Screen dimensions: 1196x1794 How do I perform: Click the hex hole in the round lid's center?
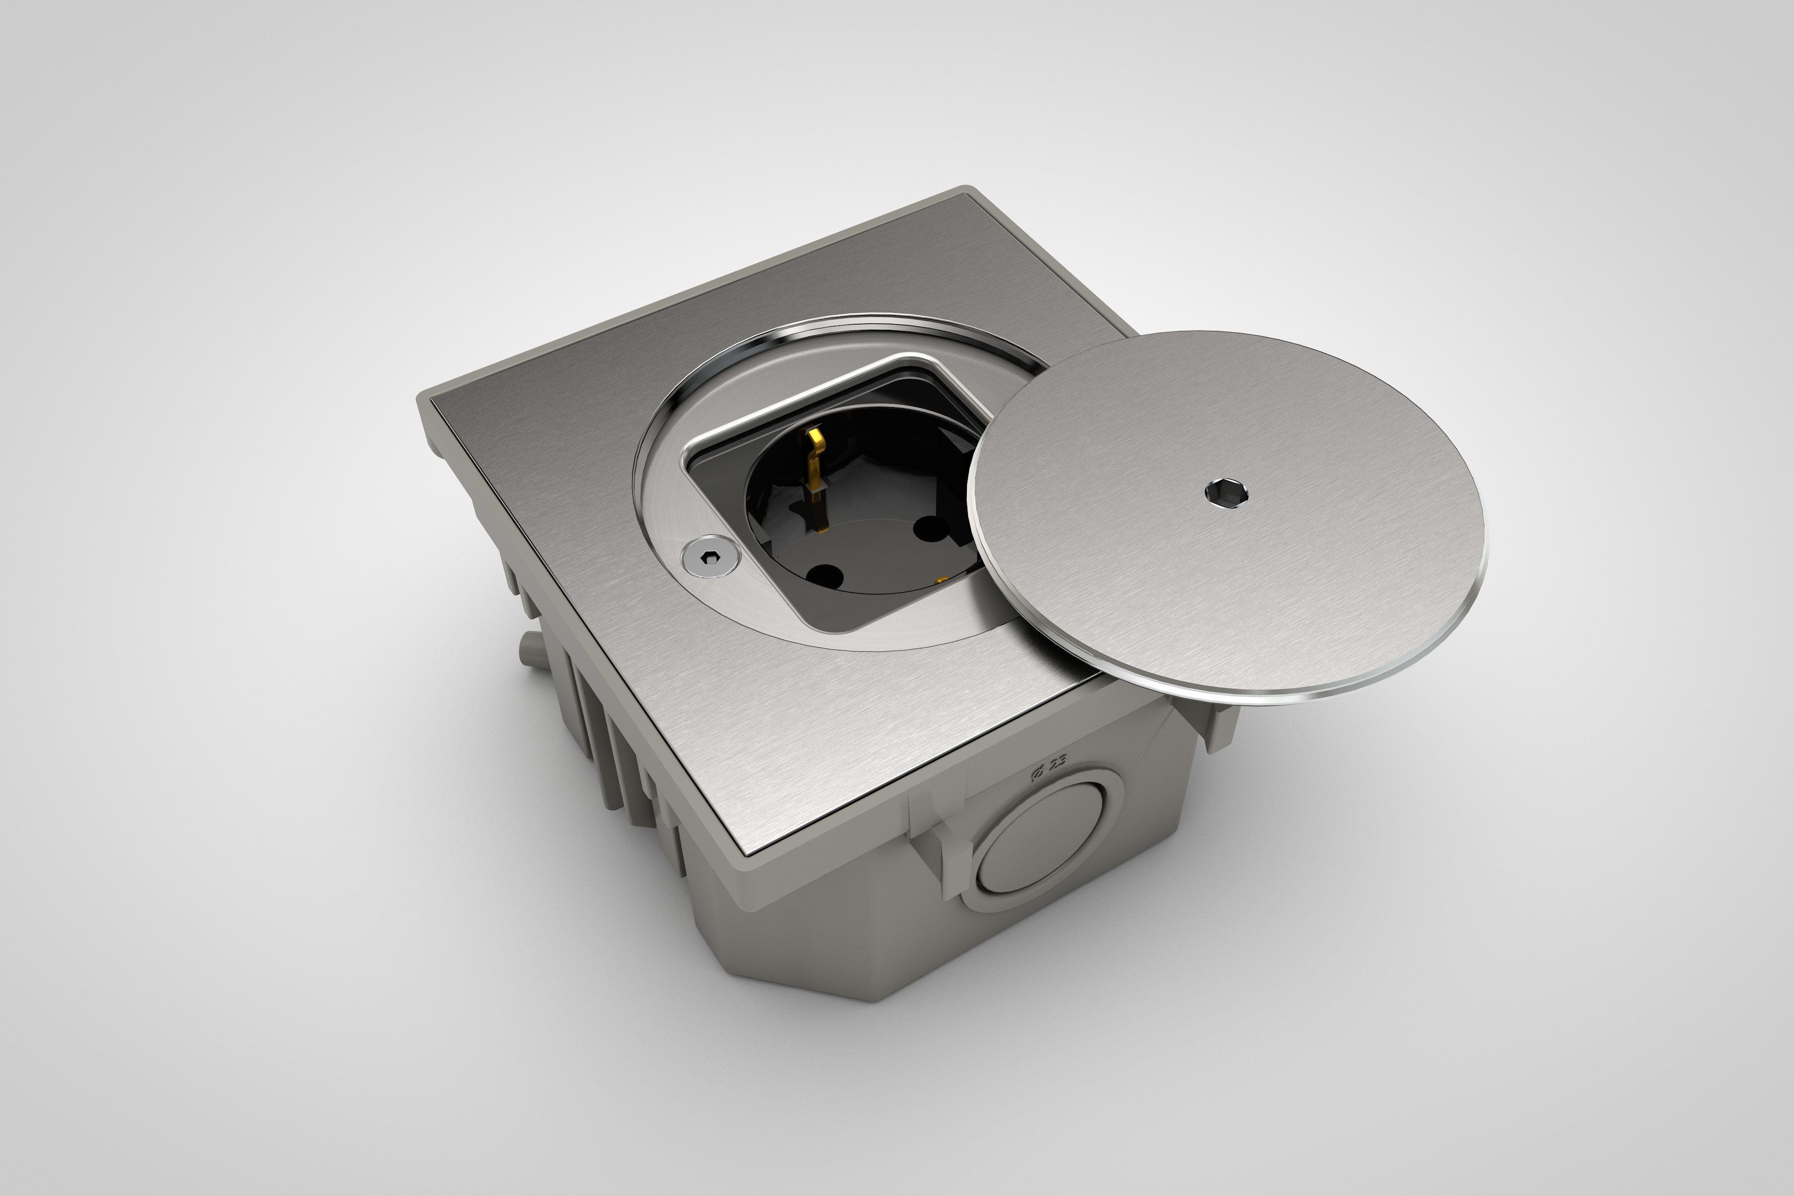(1226, 493)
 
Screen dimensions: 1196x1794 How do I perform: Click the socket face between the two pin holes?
(877, 549)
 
